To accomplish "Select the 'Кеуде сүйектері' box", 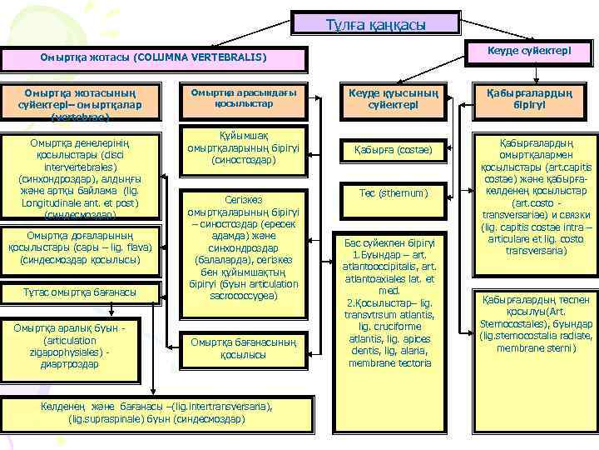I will [527, 52].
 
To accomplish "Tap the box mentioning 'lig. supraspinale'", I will [156, 412].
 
